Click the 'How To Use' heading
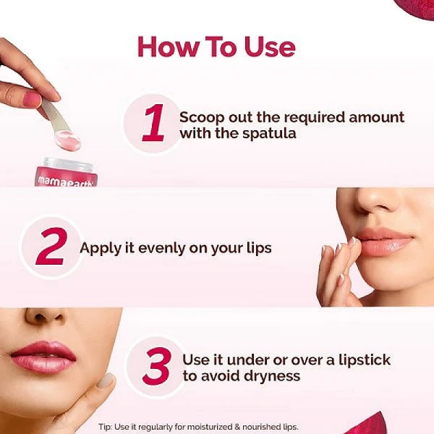216,47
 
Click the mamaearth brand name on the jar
65,181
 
